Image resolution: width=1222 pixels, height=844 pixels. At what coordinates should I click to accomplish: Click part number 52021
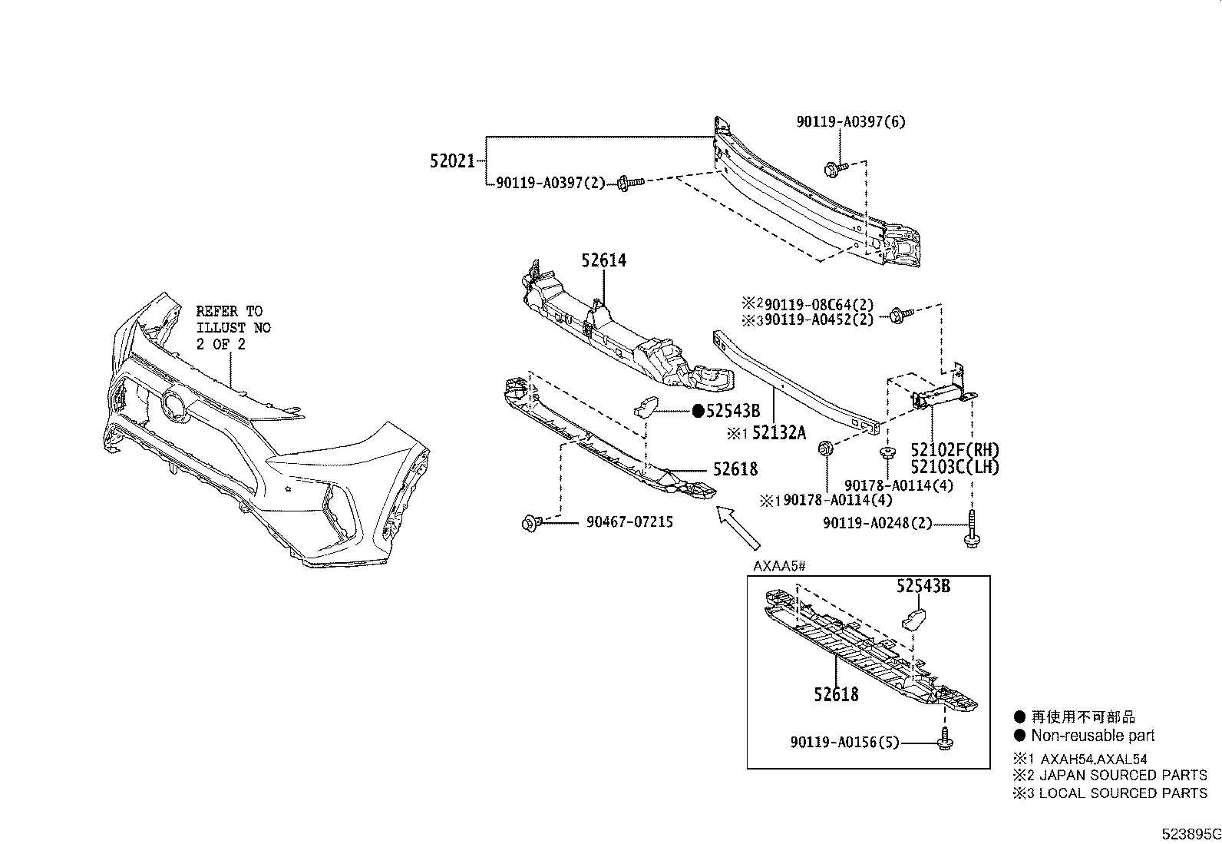pos(451,162)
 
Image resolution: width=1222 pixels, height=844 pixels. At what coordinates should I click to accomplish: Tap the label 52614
pos(603,260)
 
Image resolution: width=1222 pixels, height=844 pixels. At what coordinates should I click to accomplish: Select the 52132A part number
pos(778,433)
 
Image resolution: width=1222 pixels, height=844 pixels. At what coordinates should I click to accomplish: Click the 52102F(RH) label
pos(955,450)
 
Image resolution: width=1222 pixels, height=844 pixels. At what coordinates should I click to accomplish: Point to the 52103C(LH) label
pos(955,466)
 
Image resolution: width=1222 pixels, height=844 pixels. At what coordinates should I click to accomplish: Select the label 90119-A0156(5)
pos(844,743)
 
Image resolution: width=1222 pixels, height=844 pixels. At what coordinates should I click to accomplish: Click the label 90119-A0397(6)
pos(850,121)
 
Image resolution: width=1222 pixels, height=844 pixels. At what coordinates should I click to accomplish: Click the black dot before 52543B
pos(698,411)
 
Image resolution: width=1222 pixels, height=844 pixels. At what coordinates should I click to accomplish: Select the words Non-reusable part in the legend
pos(1092,735)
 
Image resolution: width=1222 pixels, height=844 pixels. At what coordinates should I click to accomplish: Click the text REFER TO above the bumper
pos(229,311)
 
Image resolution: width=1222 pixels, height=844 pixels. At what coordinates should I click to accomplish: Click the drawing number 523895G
pos(1190,834)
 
